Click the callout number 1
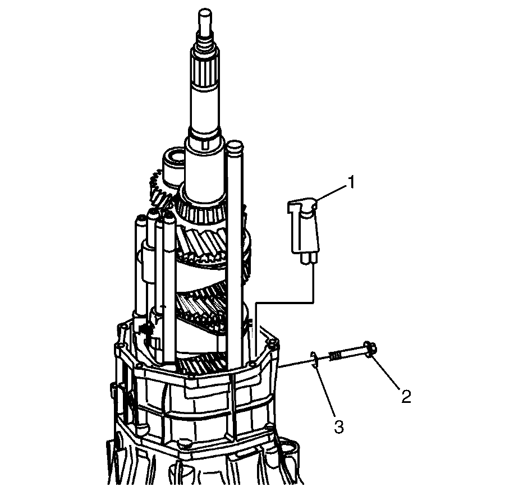351,182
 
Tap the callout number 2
406,396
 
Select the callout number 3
338,427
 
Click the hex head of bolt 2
370,351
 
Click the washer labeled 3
314,360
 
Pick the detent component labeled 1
303,227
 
